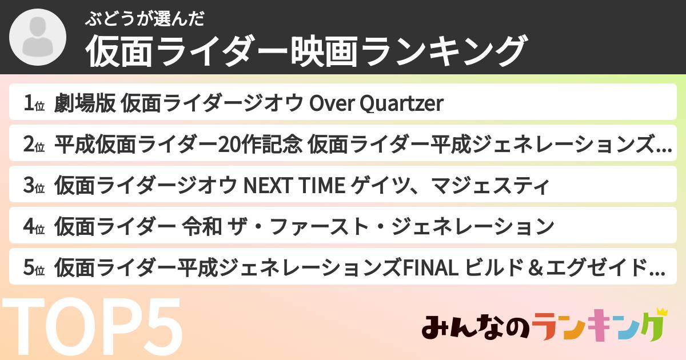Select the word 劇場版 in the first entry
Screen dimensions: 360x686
[x=86, y=103]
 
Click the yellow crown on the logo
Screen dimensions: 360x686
[x=663, y=313]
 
